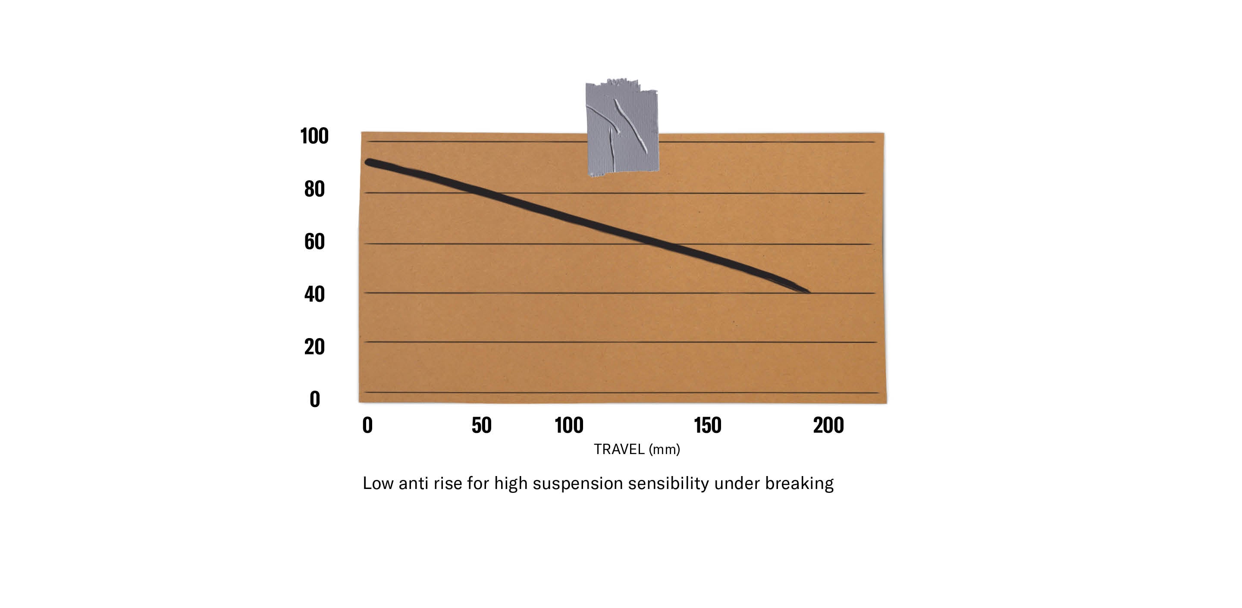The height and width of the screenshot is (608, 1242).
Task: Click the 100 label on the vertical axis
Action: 314,136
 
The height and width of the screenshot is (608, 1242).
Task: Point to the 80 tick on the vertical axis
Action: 314,188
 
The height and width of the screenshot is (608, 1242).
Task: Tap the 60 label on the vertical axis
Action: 314,241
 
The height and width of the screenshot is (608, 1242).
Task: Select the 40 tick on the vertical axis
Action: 314,294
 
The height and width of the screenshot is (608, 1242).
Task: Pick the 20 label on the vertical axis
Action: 314,346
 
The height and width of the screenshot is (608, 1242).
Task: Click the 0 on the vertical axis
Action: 315,399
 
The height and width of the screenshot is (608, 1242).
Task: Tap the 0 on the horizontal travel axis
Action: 367,425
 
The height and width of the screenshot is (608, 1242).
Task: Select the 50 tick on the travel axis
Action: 481,425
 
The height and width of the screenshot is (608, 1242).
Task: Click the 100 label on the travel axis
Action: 569,425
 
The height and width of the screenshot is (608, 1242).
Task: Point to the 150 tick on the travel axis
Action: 707,425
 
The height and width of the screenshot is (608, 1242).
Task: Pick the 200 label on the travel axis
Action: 828,425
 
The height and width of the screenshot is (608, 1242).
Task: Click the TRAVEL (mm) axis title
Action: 637,449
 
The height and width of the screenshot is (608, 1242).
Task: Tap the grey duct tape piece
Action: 622,128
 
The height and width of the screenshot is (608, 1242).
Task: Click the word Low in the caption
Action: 377,483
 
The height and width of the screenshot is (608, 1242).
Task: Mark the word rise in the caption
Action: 448,483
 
